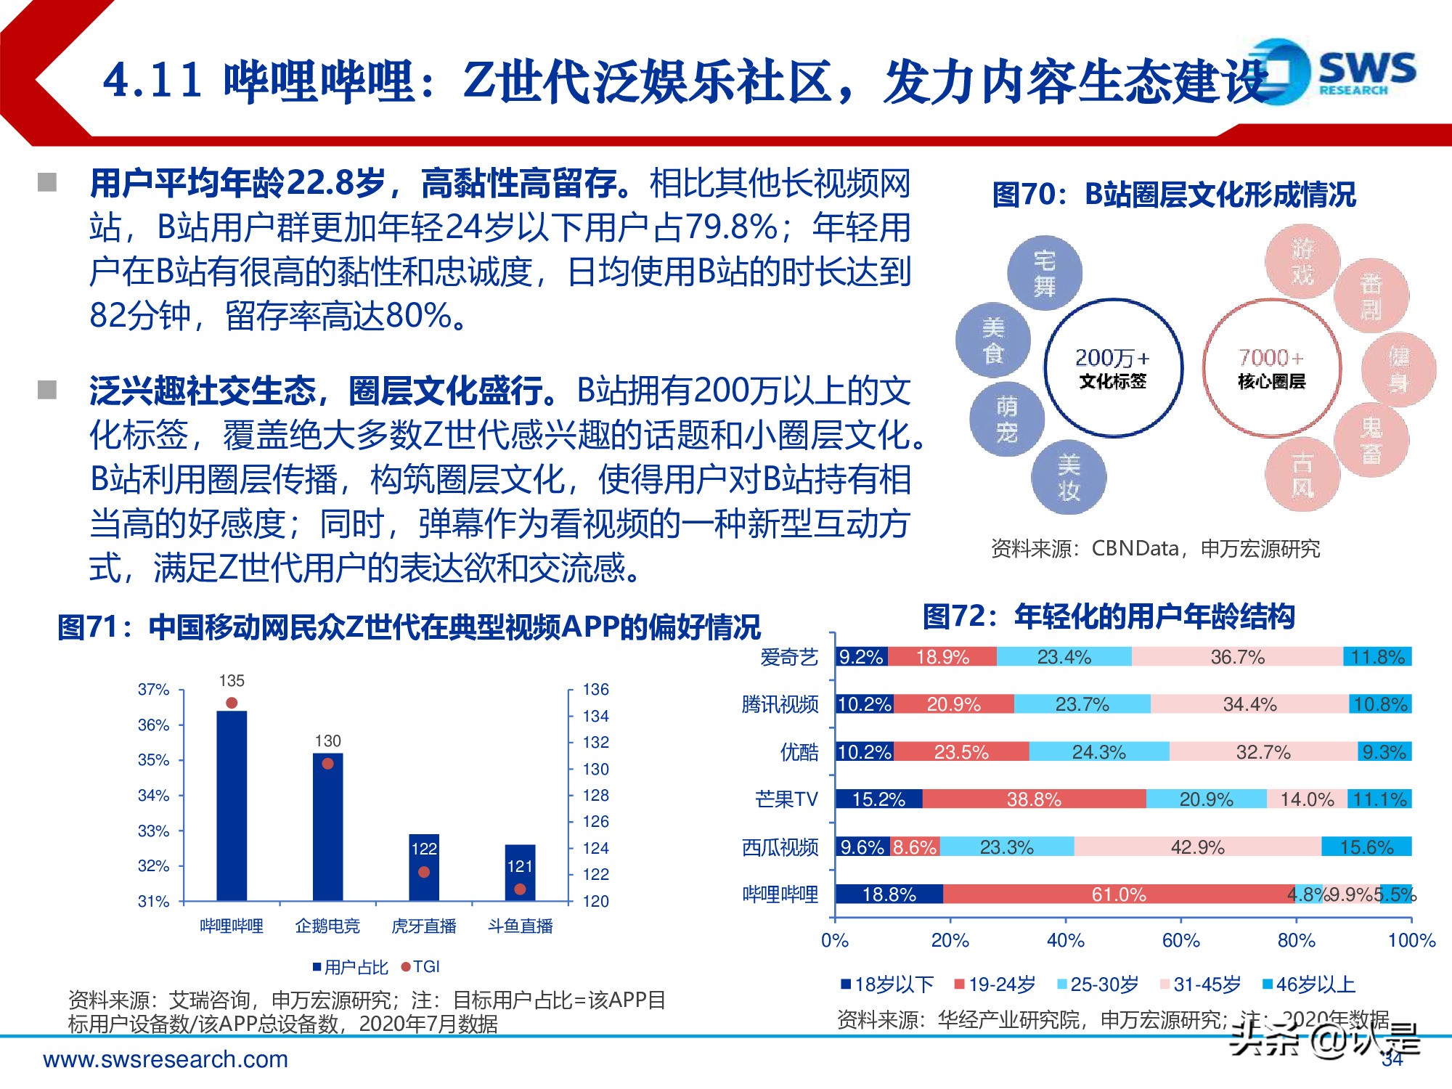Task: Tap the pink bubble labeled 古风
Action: coord(1302,476)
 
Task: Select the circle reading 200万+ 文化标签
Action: coord(1113,368)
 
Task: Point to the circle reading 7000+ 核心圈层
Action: coord(1271,368)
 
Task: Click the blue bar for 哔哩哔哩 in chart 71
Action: coord(232,806)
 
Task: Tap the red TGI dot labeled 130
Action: coord(327,764)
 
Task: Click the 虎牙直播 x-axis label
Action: coord(424,926)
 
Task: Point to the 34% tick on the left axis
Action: coord(154,796)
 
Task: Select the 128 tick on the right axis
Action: coord(595,796)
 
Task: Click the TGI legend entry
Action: coord(421,967)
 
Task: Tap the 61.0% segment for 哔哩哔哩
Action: coord(1118,894)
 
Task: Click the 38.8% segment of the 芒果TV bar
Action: coord(1034,799)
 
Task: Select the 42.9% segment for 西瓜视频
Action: coord(1197,847)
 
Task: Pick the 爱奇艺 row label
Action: coord(789,658)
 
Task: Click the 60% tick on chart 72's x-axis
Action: coord(1180,941)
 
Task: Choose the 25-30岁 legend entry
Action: coord(1098,985)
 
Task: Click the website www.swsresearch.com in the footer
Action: coord(166,1060)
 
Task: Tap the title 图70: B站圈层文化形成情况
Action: coord(1174,195)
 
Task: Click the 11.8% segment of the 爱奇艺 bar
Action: coord(1377,657)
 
